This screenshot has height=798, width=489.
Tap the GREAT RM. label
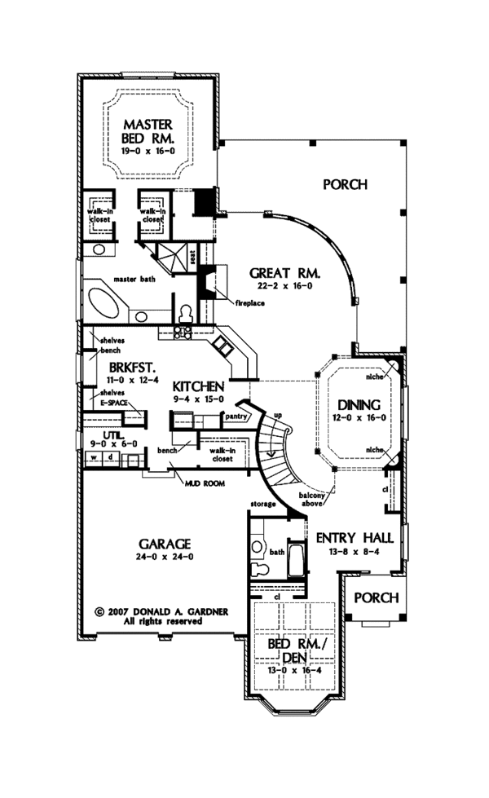284,274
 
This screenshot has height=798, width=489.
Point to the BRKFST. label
121,368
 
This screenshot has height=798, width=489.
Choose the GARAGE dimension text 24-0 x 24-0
165,557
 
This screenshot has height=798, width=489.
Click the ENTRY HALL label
355,538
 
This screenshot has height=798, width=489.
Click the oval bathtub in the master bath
105,301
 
